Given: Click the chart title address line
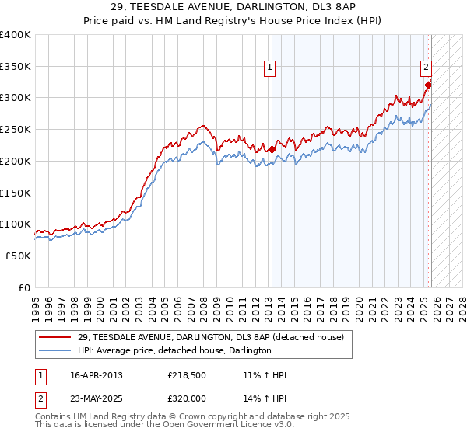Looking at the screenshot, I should tap(233, 7).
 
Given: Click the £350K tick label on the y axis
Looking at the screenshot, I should tap(16, 67).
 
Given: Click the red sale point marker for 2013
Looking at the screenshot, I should tap(272, 149).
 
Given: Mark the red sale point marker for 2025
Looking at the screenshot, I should tap(429, 85).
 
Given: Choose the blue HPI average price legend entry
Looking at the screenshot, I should tap(174, 350).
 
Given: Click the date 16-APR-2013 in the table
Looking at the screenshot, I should tap(97, 375).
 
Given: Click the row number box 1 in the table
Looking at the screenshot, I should tap(41, 375).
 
